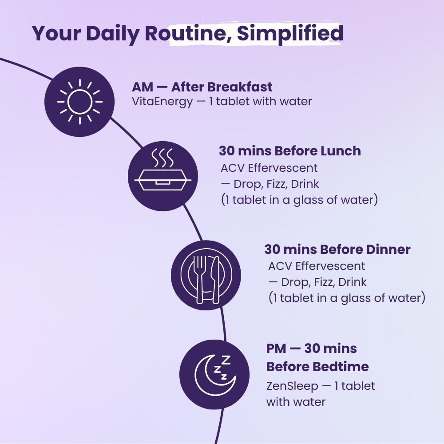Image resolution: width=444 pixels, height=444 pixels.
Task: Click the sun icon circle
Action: coord(80,102)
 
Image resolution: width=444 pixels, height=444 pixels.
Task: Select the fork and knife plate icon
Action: coord(206,275)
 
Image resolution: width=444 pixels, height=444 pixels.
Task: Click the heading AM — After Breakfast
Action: coord(202,87)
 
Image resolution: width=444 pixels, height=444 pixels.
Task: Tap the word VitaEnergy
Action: coord(163,102)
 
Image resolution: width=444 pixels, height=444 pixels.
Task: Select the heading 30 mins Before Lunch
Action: coord(289,151)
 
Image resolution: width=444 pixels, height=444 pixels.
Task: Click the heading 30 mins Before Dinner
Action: coord(337,249)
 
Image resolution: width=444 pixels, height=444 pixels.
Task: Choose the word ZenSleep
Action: coord(292,386)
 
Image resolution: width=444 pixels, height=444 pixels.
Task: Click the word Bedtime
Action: coord(341,367)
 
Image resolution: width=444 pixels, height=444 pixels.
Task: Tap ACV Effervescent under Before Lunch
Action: coord(269,168)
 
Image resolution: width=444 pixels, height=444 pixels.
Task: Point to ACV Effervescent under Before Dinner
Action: coord(317,266)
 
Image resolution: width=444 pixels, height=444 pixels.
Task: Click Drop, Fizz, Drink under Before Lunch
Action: coord(275,184)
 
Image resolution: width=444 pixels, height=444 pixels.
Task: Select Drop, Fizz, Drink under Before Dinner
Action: coord(322,282)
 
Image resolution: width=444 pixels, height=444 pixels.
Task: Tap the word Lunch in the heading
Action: coord(341,151)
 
